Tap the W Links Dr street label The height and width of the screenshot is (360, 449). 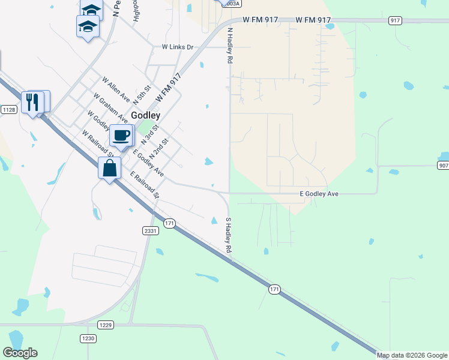pos(178,47)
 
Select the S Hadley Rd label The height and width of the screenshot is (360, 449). pos(228,235)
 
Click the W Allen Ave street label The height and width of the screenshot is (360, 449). pos(116,88)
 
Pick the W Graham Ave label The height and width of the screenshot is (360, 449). pos(110,107)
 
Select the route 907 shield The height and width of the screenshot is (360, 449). pos(442,165)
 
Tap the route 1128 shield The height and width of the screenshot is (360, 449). pos(8,109)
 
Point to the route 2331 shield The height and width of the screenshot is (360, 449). pos(150,230)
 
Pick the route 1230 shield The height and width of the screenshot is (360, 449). pos(88,338)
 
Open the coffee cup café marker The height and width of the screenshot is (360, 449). pos(121,136)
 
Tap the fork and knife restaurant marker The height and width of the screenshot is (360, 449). pos(34,102)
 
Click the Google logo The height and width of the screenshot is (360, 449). pos(20,353)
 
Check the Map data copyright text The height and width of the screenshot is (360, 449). pos(412,355)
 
